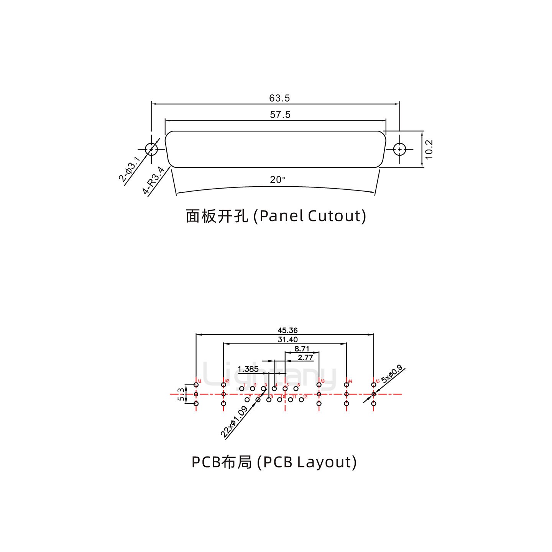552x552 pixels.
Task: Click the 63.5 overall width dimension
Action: coord(279,98)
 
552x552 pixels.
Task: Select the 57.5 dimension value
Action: coord(280,115)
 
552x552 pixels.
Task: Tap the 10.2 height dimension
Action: coord(429,149)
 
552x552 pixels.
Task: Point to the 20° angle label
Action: coord(278,179)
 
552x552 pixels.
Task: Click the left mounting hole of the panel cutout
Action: coord(151,149)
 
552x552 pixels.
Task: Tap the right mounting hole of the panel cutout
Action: coord(400,149)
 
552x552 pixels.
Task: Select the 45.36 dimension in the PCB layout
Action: coord(287,330)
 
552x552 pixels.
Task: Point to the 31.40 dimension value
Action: coord(287,339)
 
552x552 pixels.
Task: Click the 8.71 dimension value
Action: coord(302,349)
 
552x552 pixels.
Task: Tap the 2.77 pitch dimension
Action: coord(306,358)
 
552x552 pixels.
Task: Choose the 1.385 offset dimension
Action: coord(248,369)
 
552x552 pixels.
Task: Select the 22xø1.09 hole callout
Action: coord(234,422)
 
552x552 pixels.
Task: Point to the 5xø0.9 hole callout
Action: coord(391,375)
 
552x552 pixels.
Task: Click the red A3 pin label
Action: coord(322,381)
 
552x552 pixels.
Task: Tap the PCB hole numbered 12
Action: coord(301,399)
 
